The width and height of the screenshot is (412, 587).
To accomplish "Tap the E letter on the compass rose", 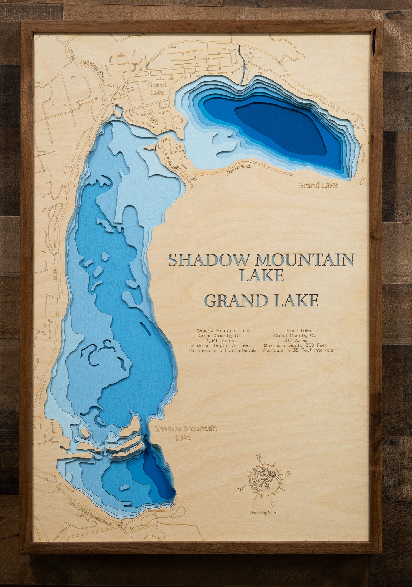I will (288, 473).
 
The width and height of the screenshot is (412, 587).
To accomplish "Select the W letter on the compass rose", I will (240, 489).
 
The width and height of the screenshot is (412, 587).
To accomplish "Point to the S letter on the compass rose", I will (272, 505).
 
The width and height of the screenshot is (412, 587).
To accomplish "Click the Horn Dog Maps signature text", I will (263, 513).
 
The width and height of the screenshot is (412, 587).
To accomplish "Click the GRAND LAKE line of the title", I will (261, 301).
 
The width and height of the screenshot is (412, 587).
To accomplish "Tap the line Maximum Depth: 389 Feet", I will (295, 345).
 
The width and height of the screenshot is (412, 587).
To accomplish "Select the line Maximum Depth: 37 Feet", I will (220, 345).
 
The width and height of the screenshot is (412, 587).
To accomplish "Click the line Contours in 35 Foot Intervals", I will (298, 350).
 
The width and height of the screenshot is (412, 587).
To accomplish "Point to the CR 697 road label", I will (152, 116).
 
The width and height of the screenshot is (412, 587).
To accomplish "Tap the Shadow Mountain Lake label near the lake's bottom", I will (185, 433).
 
